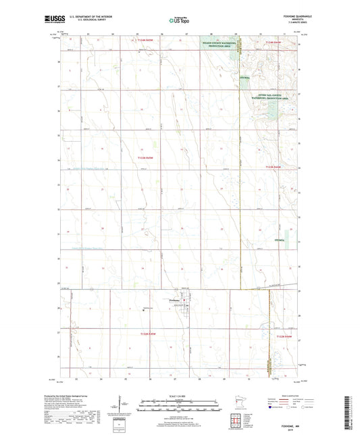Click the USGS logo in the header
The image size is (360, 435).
point(51,21)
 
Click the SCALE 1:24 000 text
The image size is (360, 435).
point(179,396)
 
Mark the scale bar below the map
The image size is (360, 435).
point(179,408)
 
